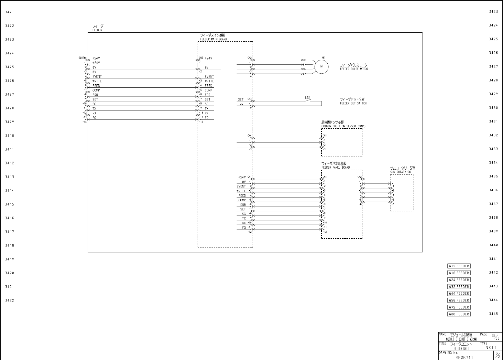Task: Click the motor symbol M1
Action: pyautogui.click(x=322, y=67)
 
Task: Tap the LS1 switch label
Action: pyautogui.click(x=308, y=98)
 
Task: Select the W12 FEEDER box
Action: pyautogui.click(x=459, y=266)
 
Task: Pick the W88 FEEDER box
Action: pyautogui.click(x=459, y=314)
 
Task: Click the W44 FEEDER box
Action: pyautogui.click(x=459, y=293)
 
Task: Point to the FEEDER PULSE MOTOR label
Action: pyautogui.click(x=354, y=69)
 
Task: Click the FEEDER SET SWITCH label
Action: pyautogui.click(x=353, y=103)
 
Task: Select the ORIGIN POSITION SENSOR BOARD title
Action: pyautogui.click(x=343, y=126)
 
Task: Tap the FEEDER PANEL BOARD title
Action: pyautogui.click(x=335, y=167)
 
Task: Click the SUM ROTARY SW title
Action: pyautogui.click(x=400, y=172)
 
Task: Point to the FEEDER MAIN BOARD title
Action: pyautogui.click(x=213, y=39)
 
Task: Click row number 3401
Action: pyautogui.click(x=9, y=12)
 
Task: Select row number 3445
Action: pyautogui.click(x=493, y=314)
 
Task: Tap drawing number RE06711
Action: pyautogui.click(x=464, y=357)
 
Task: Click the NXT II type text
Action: pyautogui.click(x=490, y=348)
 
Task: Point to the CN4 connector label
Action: pyautogui.click(x=249, y=135)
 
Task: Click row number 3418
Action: pyautogui.click(x=9, y=246)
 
